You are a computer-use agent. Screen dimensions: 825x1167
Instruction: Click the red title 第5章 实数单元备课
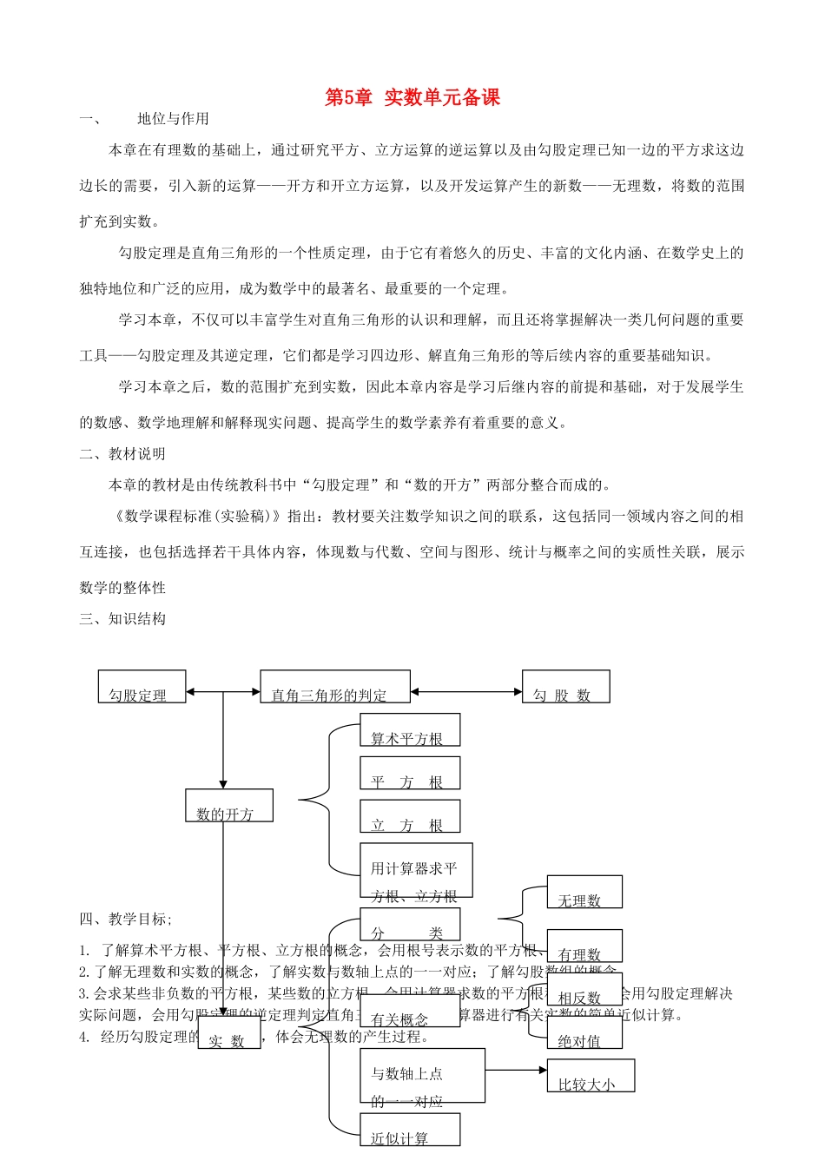(x=412, y=97)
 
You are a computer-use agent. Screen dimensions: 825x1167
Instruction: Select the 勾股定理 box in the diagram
(x=142, y=687)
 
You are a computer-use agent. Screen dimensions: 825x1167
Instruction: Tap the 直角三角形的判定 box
(x=335, y=687)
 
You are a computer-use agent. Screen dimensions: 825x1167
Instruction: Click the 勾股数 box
(x=565, y=687)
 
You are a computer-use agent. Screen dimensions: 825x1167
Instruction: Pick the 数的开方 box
(x=229, y=806)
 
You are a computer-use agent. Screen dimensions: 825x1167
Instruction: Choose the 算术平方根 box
(x=410, y=730)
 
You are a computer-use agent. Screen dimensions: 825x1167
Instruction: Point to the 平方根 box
(x=410, y=774)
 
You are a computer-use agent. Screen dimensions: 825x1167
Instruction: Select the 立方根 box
(x=410, y=817)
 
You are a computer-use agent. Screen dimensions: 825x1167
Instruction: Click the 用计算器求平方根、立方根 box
(x=416, y=871)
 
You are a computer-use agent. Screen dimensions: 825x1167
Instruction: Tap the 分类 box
(x=410, y=925)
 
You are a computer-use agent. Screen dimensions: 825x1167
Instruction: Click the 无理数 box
(x=584, y=893)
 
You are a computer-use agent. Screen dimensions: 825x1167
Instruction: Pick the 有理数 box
(x=584, y=946)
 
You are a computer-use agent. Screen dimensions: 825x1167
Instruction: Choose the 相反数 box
(x=584, y=990)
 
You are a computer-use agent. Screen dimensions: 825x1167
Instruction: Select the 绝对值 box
(x=584, y=1033)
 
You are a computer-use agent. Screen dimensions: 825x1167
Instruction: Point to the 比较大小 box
(x=591, y=1076)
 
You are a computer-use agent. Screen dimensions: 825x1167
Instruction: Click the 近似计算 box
(x=410, y=1131)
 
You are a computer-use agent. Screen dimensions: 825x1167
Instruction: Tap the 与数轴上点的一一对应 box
(x=422, y=1077)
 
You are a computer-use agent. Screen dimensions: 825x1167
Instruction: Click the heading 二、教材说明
(x=122, y=454)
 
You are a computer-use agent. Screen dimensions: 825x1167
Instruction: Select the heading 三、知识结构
(x=122, y=619)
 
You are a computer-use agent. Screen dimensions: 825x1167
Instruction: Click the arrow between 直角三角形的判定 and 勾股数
(x=465, y=692)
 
